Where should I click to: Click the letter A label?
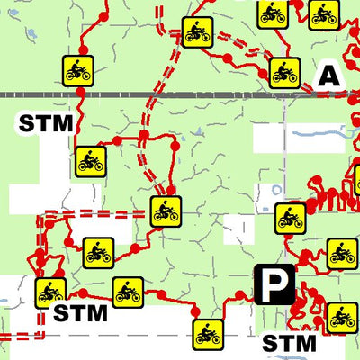330,76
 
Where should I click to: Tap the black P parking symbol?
274,284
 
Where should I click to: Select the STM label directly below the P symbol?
289,343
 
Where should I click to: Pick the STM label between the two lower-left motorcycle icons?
79,313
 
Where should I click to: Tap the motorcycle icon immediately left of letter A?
284,71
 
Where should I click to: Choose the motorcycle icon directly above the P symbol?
290,219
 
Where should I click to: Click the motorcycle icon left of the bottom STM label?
208,333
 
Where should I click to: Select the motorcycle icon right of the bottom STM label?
342,316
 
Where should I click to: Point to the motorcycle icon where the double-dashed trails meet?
166,211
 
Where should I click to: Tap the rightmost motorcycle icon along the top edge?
323,13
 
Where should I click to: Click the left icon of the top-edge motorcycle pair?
272,13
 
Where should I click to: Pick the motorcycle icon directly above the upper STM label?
78,68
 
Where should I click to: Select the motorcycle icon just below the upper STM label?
90,161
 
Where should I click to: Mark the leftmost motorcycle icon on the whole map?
49,292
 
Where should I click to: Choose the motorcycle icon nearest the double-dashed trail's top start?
196,32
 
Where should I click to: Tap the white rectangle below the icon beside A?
279,138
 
